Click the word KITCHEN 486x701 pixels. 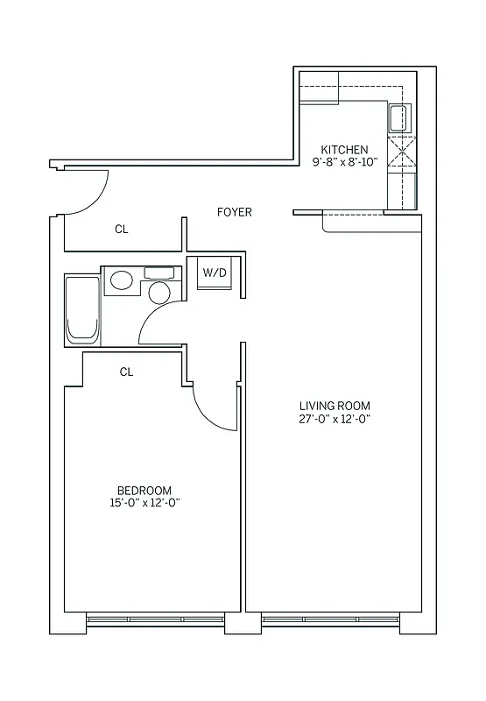coord(344,150)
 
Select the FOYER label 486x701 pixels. coord(235,212)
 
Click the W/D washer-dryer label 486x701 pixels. coord(215,273)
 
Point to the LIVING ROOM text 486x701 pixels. coord(335,406)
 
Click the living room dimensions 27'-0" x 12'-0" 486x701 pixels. coord(335,419)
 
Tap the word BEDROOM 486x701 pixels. coord(144,490)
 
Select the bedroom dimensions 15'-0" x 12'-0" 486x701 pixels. coord(144,503)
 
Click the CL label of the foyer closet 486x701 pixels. coord(122,230)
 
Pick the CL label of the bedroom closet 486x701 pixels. coord(126,372)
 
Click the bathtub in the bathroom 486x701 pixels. coord(83,309)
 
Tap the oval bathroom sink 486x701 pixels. coord(121,281)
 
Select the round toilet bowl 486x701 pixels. coord(158,293)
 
